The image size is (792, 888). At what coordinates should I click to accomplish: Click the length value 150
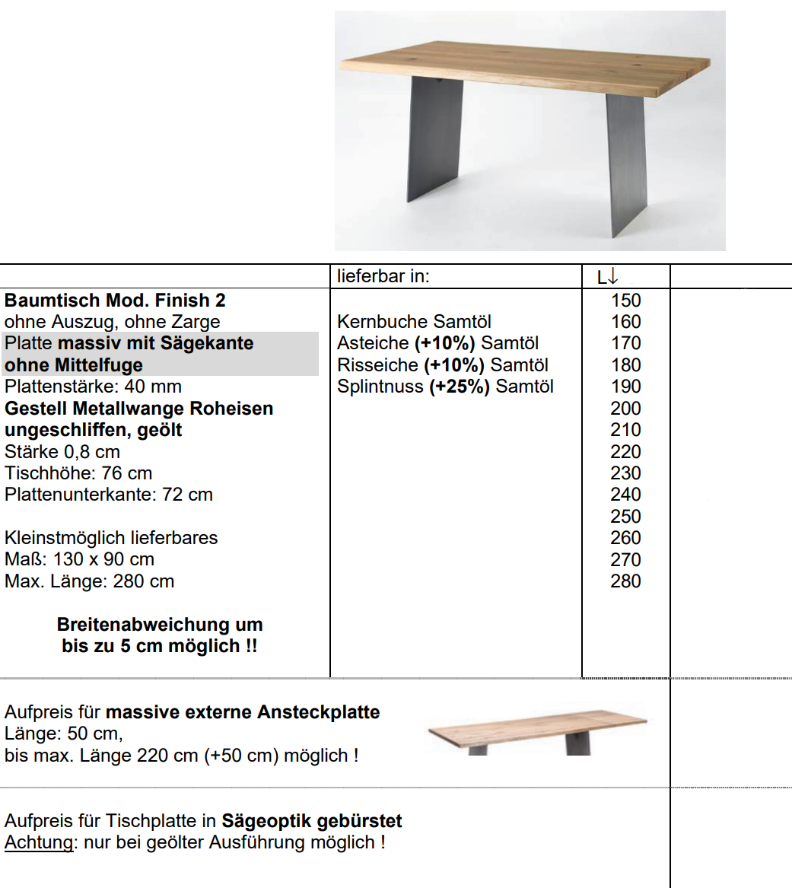pyautogui.click(x=625, y=301)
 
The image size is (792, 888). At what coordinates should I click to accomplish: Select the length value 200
pyautogui.click(x=625, y=409)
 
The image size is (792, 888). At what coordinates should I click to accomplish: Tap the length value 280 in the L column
pyautogui.click(x=625, y=581)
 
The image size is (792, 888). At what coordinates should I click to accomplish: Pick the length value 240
pyautogui.click(x=625, y=495)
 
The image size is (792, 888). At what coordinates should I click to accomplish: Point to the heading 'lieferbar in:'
pyautogui.click(x=383, y=276)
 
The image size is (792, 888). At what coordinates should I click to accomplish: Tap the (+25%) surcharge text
pyautogui.click(x=460, y=387)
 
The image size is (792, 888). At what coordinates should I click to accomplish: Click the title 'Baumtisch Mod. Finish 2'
pyautogui.click(x=115, y=301)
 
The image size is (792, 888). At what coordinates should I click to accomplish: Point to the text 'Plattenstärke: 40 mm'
pyautogui.click(x=93, y=387)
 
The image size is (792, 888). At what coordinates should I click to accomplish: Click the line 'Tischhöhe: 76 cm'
pyautogui.click(x=78, y=473)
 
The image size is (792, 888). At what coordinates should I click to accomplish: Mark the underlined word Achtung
pyautogui.click(x=39, y=843)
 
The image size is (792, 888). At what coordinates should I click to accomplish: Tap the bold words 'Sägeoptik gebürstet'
pyautogui.click(x=312, y=821)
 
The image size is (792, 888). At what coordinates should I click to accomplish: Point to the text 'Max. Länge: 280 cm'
pyautogui.click(x=89, y=581)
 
